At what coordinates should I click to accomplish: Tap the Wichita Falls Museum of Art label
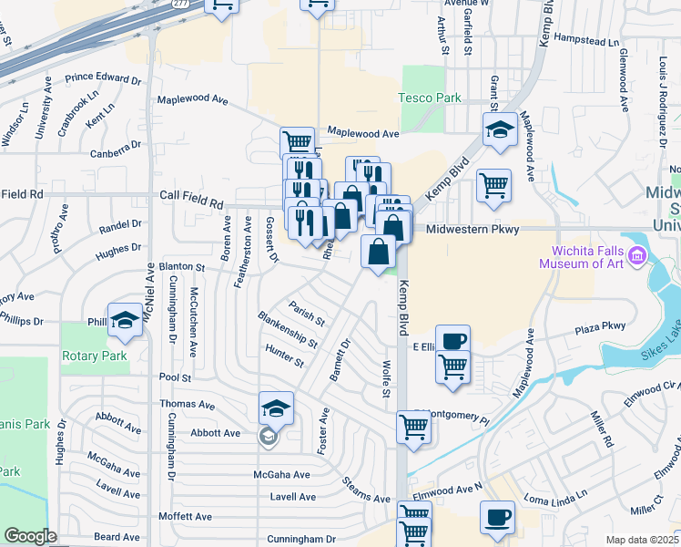pyautogui.click(x=593, y=258)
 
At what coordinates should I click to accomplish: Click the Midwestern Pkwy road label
pyautogui.click(x=472, y=230)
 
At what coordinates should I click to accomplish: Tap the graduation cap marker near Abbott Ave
pyautogui.click(x=276, y=408)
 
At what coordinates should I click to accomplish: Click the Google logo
pyautogui.click(x=30, y=536)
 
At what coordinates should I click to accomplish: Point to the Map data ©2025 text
pyautogui.click(x=643, y=540)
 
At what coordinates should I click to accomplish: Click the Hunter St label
pyautogui.click(x=284, y=356)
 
